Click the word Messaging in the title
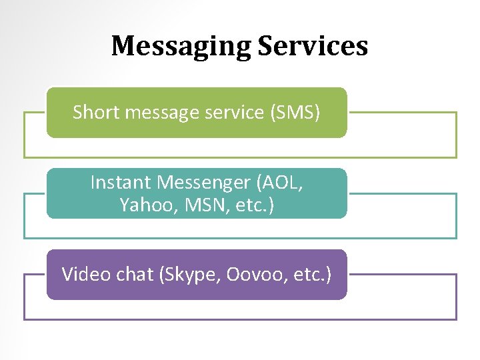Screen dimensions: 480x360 (180, 47)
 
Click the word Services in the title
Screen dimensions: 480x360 (313, 46)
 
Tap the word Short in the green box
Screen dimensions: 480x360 (93, 113)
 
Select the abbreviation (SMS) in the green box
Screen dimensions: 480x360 (295, 113)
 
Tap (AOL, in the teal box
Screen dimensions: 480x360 (279, 182)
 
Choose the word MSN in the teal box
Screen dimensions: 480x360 (198, 205)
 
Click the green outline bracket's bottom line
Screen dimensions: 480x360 (240, 157)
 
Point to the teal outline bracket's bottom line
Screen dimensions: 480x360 (240, 238)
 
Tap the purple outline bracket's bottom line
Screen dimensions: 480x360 (240, 319)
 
